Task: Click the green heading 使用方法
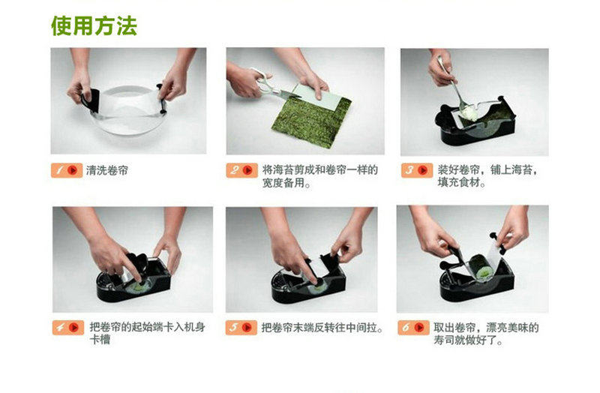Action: pos(94,26)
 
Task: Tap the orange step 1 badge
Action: pos(66,170)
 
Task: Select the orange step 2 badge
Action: pos(241,170)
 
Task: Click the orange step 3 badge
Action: pos(417,170)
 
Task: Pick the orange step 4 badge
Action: pos(68,328)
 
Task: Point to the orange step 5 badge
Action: pos(241,328)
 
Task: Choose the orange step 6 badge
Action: pos(413,328)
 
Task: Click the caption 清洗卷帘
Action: pos(107,170)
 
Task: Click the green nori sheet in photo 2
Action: pos(312,121)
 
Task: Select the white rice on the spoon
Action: pos(470,112)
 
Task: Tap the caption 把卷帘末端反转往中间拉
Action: pos(322,328)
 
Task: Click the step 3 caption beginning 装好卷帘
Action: pos(487,176)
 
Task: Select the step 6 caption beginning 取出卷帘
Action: pos(486,333)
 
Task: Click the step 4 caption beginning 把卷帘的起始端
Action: pos(147,333)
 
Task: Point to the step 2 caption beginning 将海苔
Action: pos(320,176)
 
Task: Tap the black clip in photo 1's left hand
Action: pos(91,100)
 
